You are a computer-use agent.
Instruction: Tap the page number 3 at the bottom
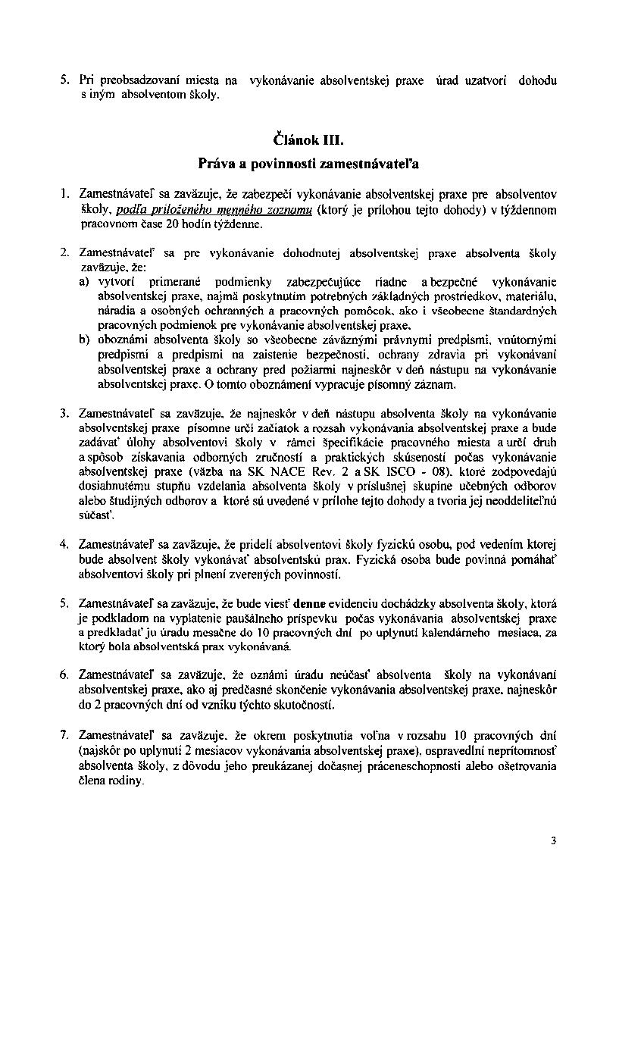point(554,840)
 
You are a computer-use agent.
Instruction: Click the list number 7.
point(64,734)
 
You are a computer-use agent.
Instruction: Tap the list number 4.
point(64,543)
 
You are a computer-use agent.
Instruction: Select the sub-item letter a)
point(85,281)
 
